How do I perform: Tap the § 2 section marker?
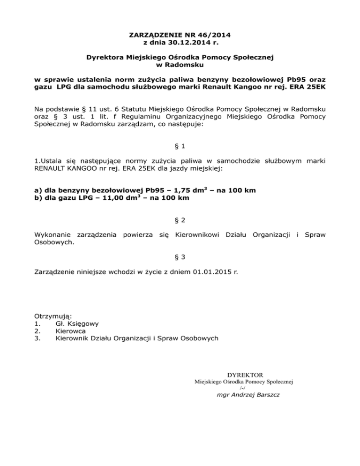click(180, 219)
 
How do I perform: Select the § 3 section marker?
click(180, 256)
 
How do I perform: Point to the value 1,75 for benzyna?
click(171, 190)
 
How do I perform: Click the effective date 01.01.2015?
click(211, 271)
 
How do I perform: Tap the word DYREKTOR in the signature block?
click(244, 375)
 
